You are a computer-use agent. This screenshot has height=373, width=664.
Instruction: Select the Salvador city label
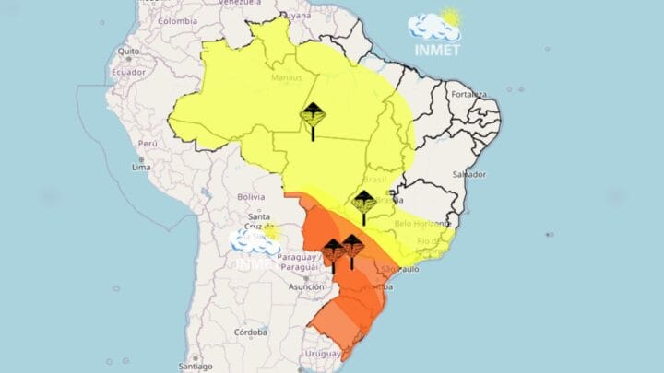click(469, 174)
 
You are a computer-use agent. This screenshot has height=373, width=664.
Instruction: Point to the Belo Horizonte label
click(422, 223)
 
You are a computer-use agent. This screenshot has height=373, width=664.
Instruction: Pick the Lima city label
click(140, 168)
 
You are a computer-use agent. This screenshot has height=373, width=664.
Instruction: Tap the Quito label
click(127, 51)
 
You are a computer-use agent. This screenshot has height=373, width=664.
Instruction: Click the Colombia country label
click(177, 20)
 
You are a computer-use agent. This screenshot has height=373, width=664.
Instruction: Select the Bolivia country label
click(250, 197)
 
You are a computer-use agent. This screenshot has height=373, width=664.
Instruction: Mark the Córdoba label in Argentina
click(251, 332)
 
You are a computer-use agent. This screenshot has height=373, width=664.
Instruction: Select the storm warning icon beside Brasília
click(363, 204)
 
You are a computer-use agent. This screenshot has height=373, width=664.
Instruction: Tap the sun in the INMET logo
click(450, 17)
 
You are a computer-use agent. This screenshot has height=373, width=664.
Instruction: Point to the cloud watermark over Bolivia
click(255, 240)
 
